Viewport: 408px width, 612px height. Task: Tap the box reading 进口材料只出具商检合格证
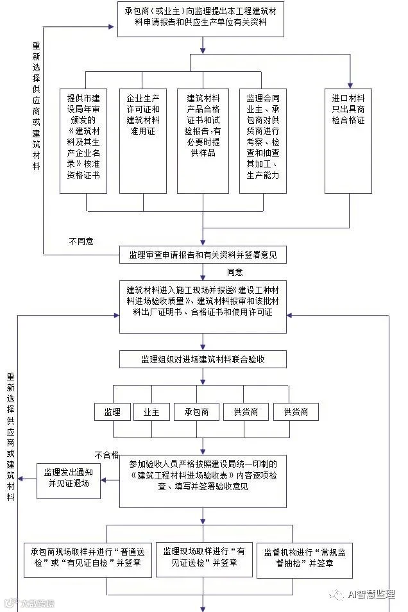(x=348, y=140)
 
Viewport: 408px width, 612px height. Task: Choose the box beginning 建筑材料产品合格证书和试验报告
(x=203, y=140)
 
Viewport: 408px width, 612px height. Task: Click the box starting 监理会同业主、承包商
(x=263, y=140)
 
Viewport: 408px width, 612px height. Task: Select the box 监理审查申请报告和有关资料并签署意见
(x=203, y=255)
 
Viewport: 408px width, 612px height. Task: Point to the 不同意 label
(x=81, y=241)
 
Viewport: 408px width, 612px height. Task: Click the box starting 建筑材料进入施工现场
(x=203, y=307)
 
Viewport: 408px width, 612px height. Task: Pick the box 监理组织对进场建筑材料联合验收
(x=203, y=359)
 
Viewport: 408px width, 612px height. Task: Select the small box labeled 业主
(x=147, y=411)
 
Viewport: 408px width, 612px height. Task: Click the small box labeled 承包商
(x=197, y=411)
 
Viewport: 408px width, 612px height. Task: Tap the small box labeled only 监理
(x=112, y=411)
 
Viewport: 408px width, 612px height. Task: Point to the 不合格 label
(x=106, y=455)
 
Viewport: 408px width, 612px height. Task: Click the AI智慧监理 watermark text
(x=371, y=595)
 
